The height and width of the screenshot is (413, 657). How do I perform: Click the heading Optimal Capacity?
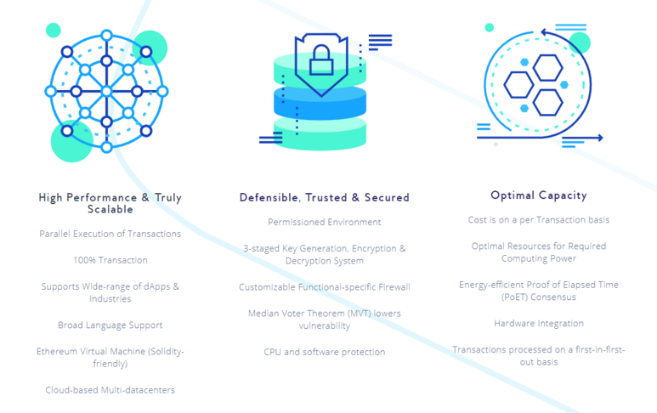click(x=538, y=195)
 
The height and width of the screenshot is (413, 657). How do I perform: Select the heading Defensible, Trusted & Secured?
click(x=325, y=198)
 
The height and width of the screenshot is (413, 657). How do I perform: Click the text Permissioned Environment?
click(x=325, y=222)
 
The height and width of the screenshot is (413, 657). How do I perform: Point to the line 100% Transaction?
click(x=110, y=260)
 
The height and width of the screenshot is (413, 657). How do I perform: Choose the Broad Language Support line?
click(x=110, y=325)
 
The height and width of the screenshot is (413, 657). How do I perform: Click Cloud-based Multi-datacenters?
click(x=110, y=390)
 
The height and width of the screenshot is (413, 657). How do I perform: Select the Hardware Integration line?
click(x=539, y=324)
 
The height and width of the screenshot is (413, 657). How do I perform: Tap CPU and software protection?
click(x=325, y=353)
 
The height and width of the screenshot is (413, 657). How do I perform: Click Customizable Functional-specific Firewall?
click(x=325, y=287)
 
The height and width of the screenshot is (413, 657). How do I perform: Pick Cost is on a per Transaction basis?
click(x=539, y=220)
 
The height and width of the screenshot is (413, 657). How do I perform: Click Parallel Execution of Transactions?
click(x=110, y=234)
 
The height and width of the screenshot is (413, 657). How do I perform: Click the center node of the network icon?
click(x=106, y=91)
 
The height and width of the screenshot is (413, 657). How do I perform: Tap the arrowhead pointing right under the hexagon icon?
click(x=600, y=138)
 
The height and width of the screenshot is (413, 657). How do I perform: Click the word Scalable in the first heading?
click(x=110, y=209)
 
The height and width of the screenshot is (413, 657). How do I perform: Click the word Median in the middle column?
click(x=263, y=314)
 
